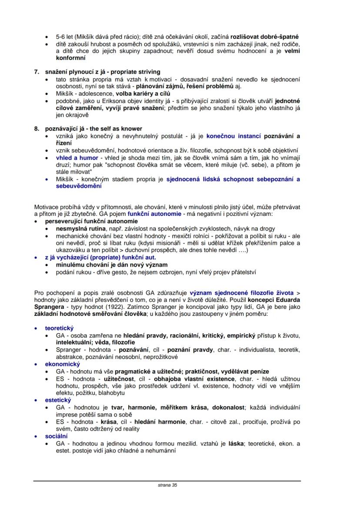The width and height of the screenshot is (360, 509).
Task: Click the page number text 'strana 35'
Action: coord(167,485)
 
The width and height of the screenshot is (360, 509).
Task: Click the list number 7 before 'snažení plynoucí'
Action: coord(37,72)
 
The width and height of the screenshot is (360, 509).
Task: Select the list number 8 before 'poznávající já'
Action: coord(37,129)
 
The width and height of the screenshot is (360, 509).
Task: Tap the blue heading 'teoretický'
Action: coord(60,328)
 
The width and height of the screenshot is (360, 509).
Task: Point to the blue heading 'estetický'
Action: coord(59,400)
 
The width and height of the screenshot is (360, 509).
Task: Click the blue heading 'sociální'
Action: coord(57,436)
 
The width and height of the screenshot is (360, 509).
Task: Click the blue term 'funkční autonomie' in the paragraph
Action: coord(153,214)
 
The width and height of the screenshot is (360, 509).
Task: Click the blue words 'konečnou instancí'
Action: coord(233,136)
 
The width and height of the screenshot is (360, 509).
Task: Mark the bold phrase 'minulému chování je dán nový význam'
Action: coord(112,265)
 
